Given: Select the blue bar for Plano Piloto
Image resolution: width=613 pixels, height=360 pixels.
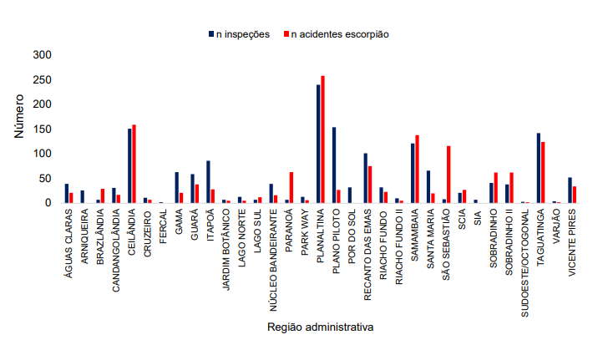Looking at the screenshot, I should point(334,165).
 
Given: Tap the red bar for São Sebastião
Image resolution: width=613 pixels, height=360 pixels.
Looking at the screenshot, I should point(448,175).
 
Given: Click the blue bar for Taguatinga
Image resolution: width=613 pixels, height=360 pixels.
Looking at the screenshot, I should point(539,168).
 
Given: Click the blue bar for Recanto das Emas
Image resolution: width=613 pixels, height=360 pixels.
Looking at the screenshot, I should point(366,178).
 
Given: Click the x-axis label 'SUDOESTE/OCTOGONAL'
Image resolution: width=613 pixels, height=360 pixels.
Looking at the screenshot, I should point(524,251).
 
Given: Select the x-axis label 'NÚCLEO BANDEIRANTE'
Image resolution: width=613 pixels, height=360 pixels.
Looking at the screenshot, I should point(273,251).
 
